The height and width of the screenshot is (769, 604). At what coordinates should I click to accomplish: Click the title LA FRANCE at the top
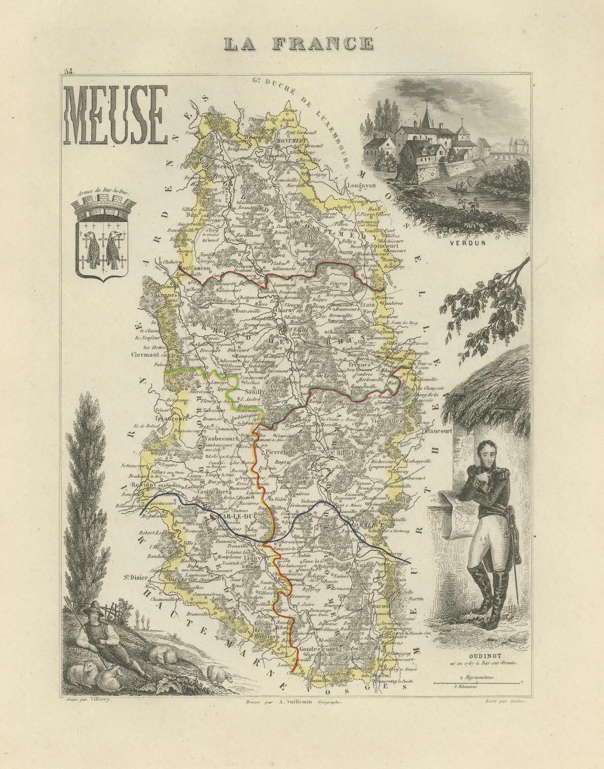[298, 44]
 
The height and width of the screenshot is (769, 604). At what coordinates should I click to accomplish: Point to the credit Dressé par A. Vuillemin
[291, 707]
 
